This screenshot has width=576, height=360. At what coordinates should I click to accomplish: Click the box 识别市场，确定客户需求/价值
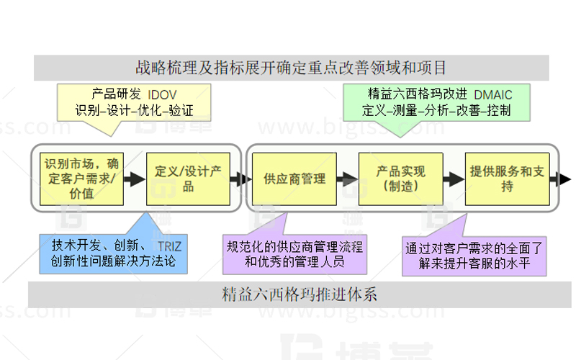coord(78,177)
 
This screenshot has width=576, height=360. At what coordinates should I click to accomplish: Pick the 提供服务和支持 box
coord(507,179)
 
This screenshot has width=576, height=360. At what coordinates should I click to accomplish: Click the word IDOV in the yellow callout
coord(162,94)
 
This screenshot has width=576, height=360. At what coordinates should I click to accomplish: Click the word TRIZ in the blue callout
coord(168,246)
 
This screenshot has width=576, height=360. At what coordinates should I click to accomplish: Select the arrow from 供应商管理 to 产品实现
coord(344,179)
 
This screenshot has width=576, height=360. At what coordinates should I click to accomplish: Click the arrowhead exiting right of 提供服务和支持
coord(564,179)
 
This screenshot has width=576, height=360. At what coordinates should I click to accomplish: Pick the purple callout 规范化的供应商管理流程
coord(294,254)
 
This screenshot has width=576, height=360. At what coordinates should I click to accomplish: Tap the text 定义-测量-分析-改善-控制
coord(436,111)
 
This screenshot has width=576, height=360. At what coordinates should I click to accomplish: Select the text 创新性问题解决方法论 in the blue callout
coord(114,261)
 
